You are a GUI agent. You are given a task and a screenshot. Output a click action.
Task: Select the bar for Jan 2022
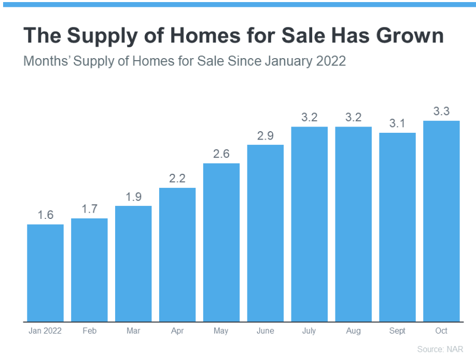tap(45, 272)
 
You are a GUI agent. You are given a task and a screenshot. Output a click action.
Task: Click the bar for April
tap(177, 254)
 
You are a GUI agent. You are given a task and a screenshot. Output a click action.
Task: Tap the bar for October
tap(441, 220)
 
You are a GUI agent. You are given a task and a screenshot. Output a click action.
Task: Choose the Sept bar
tap(397, 227)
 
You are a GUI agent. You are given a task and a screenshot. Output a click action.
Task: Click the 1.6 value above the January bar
tap(46, 215)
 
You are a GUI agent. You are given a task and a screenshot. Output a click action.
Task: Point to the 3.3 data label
tap(441, 111)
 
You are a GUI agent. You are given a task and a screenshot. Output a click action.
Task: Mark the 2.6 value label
tap(221, 154)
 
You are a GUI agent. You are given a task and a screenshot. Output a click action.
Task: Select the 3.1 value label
tap(397, 123)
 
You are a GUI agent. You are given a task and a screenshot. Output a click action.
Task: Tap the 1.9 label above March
tap(133, 197)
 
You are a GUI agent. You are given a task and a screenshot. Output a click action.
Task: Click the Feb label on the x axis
tap(89, 331)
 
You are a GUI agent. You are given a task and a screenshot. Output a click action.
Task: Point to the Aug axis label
tap(353, 331)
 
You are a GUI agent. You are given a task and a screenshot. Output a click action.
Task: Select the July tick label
tap(310, 331)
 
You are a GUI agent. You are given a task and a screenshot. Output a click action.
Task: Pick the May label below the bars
tap(221, 331)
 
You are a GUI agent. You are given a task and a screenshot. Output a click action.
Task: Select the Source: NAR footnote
tap(440, 349)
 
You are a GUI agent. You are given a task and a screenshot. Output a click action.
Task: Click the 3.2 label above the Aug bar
tap(353, 117)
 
